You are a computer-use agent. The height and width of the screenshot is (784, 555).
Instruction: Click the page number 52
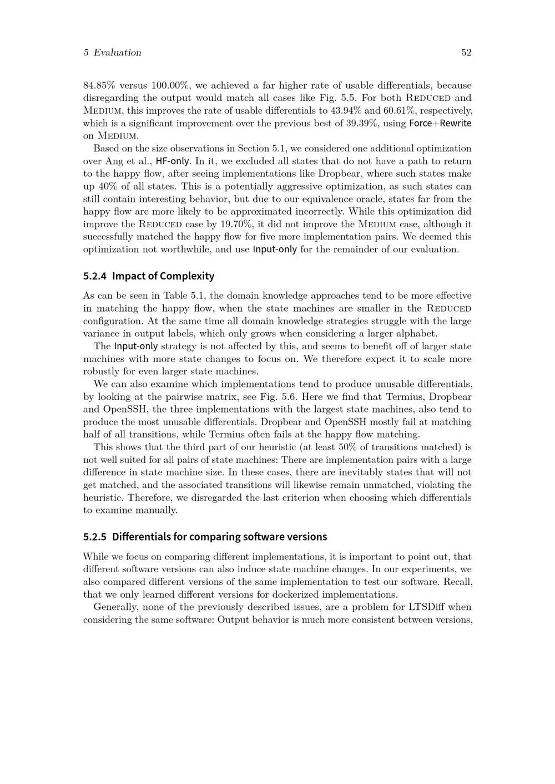[466, 53]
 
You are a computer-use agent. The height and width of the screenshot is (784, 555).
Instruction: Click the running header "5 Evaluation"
[112, 53]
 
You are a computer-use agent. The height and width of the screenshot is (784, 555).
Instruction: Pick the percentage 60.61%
[399, 111]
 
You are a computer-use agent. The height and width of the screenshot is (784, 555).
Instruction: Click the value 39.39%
[362, 124]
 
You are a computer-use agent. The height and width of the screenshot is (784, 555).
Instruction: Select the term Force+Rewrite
[440, 124]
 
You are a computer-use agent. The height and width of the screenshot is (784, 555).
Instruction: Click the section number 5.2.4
[95, 276]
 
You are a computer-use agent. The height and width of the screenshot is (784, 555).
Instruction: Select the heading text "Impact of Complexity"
[163, 276]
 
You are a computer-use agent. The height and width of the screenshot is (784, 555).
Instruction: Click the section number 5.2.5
[95, 537]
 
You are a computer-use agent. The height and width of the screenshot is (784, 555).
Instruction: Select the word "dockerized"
[301, 594]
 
